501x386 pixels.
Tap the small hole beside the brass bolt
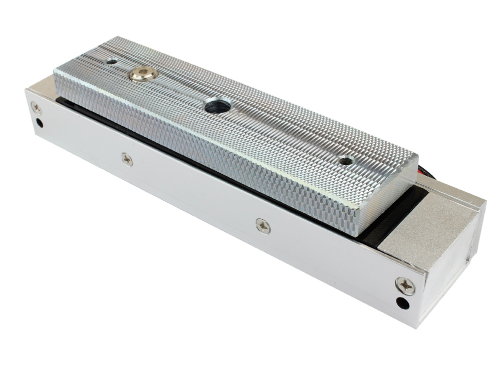pyautogui.click(x=112, y=62)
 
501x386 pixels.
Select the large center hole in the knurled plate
pyautogui.click(x=218, y=106)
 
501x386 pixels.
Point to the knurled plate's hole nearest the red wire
pyautogui.click(x=345, y=161)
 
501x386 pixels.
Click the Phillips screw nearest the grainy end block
pyautogui.click(x=405, y=286)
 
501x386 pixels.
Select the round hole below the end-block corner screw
pyautogui.click(x=402, y=303)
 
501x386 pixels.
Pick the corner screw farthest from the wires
pyautogui.click(x=36, y=108)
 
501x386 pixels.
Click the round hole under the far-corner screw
pyautogui.click(x=39, y=123)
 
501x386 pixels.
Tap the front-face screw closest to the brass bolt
pyautogui.click(x=127, y=159)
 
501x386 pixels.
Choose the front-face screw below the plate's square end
pyautogui.click(x=263, y=226)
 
